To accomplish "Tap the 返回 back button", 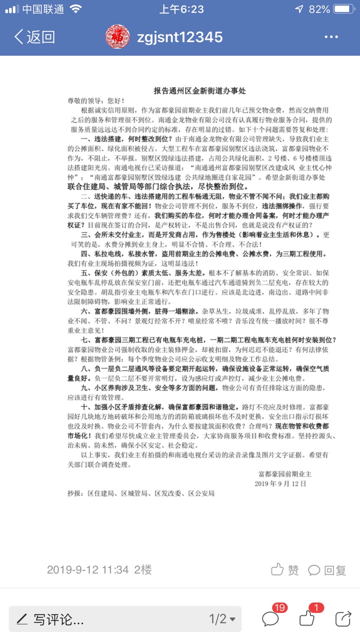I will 34,37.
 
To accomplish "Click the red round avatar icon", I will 118,37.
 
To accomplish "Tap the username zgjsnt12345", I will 180,37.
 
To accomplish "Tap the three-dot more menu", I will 331,37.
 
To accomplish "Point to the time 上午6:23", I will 181,9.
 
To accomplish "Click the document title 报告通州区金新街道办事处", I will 199,91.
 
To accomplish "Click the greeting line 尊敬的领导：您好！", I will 96,100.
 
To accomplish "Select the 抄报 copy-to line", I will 141,493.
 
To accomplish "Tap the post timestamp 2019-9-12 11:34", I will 88,569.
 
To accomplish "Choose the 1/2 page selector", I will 221,619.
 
